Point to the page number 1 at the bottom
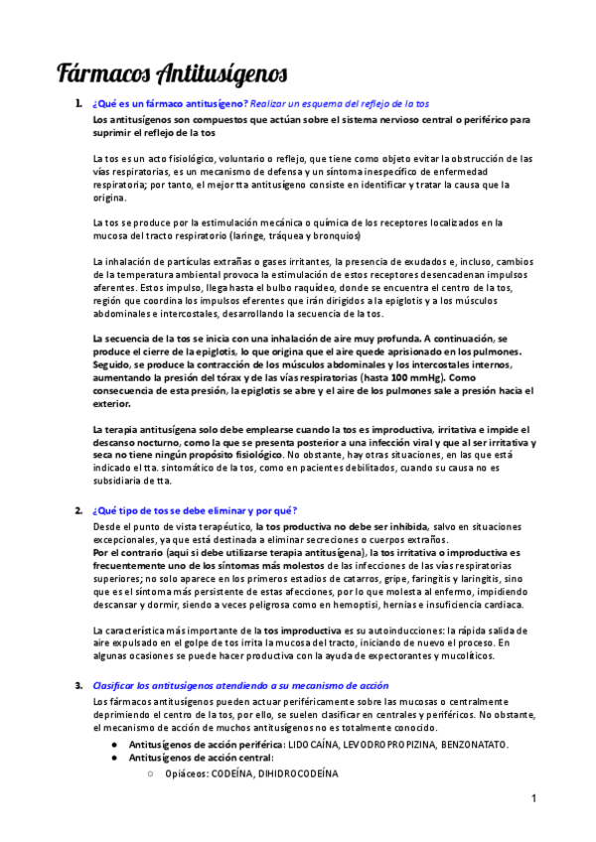pyautogui.click(x=533, y=799)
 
